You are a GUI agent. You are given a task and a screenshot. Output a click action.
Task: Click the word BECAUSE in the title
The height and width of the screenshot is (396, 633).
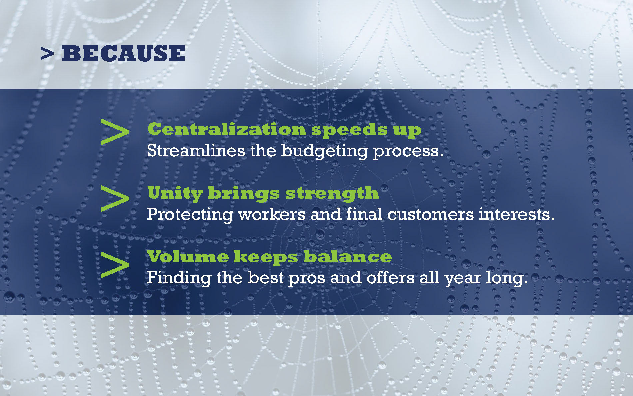pyautogui.click(x=123, y=54)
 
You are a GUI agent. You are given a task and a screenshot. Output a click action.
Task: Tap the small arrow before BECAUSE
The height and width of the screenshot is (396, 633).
pyautogui.click(x=47, y=54)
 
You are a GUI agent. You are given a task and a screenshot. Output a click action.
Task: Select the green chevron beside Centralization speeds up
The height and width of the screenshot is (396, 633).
pyautogui.click(x=114, y=132)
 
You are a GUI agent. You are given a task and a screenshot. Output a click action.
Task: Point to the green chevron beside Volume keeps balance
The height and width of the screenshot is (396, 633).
pyautogui.click(x=114, y=265)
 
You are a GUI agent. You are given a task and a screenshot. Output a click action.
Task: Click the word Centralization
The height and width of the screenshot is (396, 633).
pyautogui.click(x=227, y=129)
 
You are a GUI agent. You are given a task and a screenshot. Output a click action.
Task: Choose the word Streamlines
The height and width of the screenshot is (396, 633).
pyautogui.click(x=196, y=151)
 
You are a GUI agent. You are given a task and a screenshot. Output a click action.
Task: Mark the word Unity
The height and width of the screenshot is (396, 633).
pyautogui.click(x=175, y=194)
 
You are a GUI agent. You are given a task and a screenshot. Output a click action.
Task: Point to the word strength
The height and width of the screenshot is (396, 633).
pyautogui.click(x=332, y=194)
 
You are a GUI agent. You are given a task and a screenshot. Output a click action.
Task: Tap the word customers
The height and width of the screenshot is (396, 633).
pyautogui.click(x=430, y=214)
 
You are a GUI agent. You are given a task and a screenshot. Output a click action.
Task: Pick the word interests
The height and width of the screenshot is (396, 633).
pyautogui.click(x=517, y=214)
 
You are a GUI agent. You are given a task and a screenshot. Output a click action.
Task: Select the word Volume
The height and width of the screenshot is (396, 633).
pyautogui.click(x=188, y=256)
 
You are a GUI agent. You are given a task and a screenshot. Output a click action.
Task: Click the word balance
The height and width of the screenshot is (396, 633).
pyautogui.click(x=347, y=256)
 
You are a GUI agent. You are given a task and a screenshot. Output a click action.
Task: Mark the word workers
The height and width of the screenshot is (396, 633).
pyautogui.click(x=272, y=214)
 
